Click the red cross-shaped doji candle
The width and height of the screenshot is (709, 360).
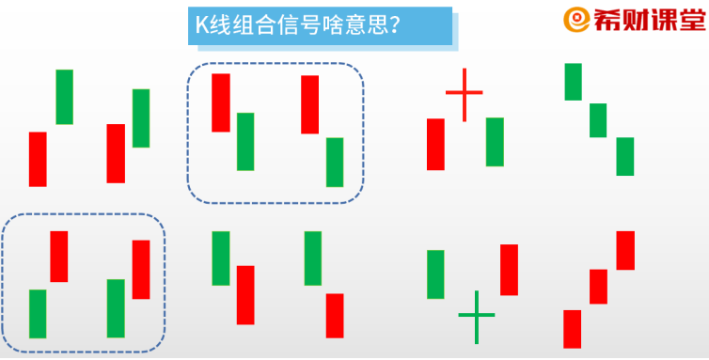coord(464,94)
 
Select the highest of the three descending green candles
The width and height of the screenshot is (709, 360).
coord(573,82)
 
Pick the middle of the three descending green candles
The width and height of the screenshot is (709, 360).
coord(598,120)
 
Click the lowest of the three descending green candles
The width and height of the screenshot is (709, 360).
coord(625,156)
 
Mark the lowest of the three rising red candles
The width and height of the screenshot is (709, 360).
coord(572,329)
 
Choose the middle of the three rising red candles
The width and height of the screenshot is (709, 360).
coord(598,287)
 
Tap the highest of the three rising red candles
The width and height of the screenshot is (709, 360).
coord(625,250)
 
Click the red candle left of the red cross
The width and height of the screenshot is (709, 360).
coord(435,144)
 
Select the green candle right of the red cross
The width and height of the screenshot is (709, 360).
coord(495,142)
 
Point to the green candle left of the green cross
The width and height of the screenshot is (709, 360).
coord(435,274)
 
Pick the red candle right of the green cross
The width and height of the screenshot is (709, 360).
coord(509,270)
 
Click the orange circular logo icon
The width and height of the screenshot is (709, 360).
coord(575,20)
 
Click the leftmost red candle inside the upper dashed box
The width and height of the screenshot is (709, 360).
coord(221,102)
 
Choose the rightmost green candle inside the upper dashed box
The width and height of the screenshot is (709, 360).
coord(335,162)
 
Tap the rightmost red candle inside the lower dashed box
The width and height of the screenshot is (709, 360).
coord(141,270)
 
